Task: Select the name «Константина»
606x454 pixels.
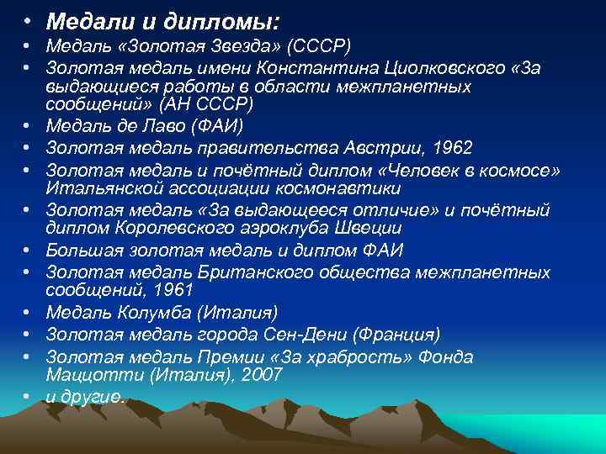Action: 341,66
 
